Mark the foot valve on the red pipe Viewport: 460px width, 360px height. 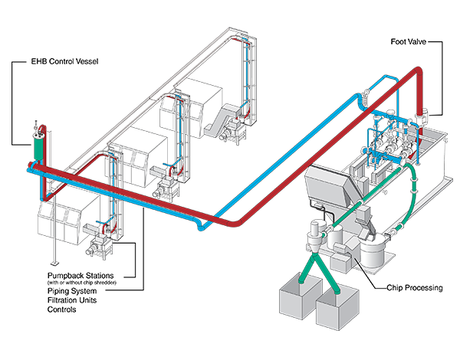[419, 117]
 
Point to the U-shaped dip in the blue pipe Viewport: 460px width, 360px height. [200, 224]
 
